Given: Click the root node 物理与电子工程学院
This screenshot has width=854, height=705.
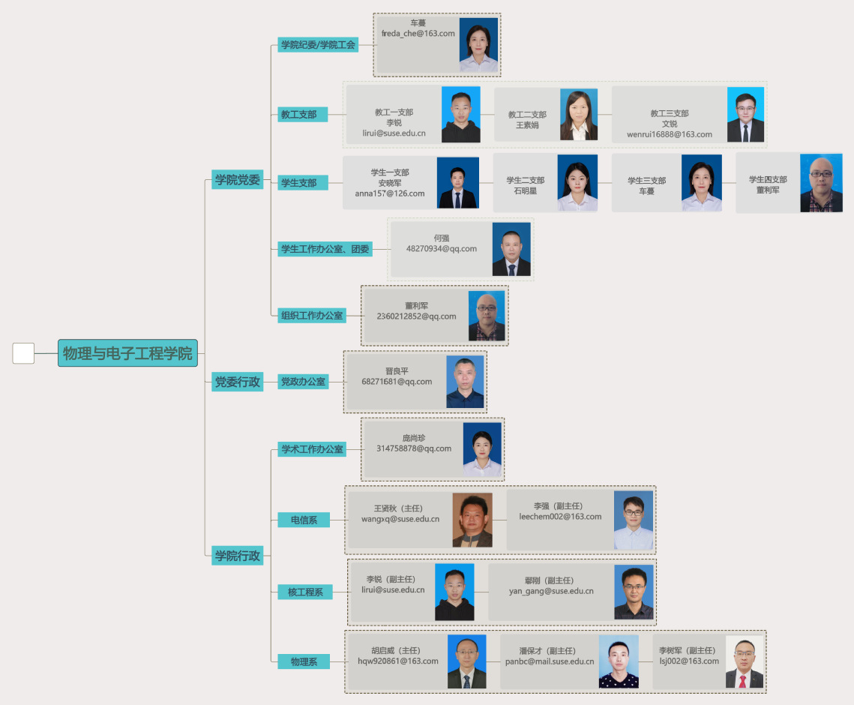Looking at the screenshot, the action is coord(127,353).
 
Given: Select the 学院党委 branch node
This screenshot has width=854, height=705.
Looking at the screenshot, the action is coord(238,180).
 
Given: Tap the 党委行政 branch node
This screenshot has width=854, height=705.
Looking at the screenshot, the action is coord(238,382).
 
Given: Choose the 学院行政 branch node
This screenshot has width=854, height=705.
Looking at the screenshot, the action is coord(238,556).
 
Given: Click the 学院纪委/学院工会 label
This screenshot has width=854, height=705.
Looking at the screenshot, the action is coord(318,45).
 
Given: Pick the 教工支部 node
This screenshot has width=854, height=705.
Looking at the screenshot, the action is coord(303,115).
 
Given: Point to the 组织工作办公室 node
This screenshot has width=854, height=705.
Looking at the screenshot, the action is coord(312,316).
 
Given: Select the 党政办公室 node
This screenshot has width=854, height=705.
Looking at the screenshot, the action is coord(303,382).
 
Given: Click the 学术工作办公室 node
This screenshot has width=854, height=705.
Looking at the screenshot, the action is coord(312,449).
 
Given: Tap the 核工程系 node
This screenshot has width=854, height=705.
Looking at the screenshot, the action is coord(305,592).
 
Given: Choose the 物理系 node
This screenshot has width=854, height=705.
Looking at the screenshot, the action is coord(304,662).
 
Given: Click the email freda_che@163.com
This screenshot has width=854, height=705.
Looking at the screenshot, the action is coord(418,33).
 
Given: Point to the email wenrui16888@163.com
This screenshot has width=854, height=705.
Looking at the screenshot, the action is coord(670,134).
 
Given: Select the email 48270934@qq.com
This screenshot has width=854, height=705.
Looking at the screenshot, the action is coord(441,248).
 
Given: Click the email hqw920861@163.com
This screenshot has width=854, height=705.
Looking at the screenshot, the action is coord(398,661).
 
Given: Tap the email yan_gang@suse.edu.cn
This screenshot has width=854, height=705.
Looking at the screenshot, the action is coord(551,591).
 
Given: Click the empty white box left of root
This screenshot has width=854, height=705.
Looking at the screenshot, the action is coord(23,353).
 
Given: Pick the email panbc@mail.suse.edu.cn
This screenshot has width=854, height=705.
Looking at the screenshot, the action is coord(550,661).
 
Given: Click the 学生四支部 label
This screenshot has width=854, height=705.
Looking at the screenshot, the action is coord(768,179).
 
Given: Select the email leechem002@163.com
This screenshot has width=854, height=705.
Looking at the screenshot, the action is coord(560,517).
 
